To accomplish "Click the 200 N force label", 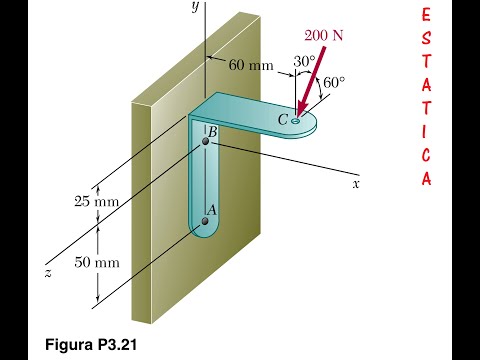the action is click(x=324, y=35).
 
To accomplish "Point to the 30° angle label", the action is click(x=304, y=61).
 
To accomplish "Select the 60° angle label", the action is click(x=334, y=83).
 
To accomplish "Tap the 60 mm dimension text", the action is click(x=251, y=65).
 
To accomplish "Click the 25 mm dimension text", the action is click(x=96, y=202).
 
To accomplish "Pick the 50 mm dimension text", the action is click(x=97, y=262).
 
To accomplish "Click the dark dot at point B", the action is click(x=206, y=141).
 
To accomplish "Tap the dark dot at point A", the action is click(x=205, y=221).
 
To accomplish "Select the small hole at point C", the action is click(x=295, y=121).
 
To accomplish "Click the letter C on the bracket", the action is click(x=283, y=120).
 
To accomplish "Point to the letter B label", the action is click(x=213, y=132).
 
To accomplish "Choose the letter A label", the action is click(x=212, y=210).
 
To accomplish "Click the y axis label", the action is click(x=196, y=7).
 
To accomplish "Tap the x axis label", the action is click(x=356, y=184).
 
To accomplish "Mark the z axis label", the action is click(x=48, y=273).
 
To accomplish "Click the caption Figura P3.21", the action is click(x=91, y=344).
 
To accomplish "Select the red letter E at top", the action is click(x=426, y=15).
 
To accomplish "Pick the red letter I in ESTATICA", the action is click(x=425, y=132).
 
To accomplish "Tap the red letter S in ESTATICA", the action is click(x=426, y=39).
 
